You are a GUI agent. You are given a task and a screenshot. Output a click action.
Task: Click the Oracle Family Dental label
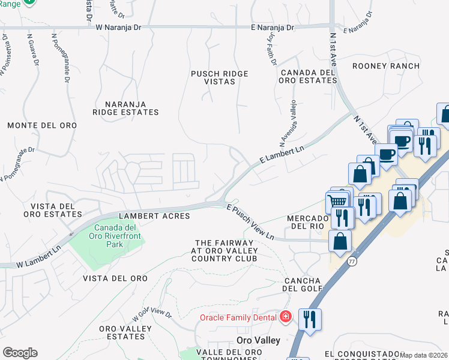pos(238,317)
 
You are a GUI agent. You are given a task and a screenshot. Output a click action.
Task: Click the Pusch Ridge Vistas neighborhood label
pos(219,77)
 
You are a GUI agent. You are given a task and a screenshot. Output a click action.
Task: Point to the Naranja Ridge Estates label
pos(126,107)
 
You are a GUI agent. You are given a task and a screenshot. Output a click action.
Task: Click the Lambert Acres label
pos(154,216)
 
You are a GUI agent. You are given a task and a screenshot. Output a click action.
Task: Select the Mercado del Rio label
pos(309,222)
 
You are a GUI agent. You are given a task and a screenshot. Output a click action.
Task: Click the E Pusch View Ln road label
pos(250,222)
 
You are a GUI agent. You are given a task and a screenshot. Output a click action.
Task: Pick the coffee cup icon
pos(387,154)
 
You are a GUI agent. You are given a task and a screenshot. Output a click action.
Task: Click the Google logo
pos(20,353)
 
